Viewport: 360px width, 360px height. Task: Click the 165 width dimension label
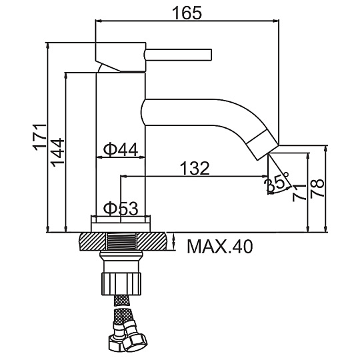(x=187, y=13)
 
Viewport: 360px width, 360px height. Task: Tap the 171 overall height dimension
(x=40, y=137)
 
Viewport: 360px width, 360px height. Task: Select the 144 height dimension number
(x=57, y=153)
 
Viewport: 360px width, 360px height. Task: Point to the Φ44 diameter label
(x=121, y=149)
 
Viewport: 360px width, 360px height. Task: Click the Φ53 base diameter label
(x=121, y=209)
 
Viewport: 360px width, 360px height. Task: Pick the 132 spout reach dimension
(x=195, y=168)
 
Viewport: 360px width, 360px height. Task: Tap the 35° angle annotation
(x=276, y=182)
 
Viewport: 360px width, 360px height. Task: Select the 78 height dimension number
(x=317, y=188)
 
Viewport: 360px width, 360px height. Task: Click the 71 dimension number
(x=299, y=193)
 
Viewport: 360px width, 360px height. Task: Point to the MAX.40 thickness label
(x=220, y=247)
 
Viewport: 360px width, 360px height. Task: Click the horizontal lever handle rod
(x=178, y=55)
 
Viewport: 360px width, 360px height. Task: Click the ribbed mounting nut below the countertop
(x=121, y=283)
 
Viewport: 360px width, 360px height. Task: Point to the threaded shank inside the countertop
(x=121, y=241)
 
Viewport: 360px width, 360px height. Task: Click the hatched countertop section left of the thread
(x=93, y=241)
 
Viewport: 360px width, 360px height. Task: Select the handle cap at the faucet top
(x=120, y=57)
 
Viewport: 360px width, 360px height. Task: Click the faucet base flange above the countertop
(x=121, y=224)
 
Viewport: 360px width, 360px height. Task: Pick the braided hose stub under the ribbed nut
(x=121, y=300)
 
